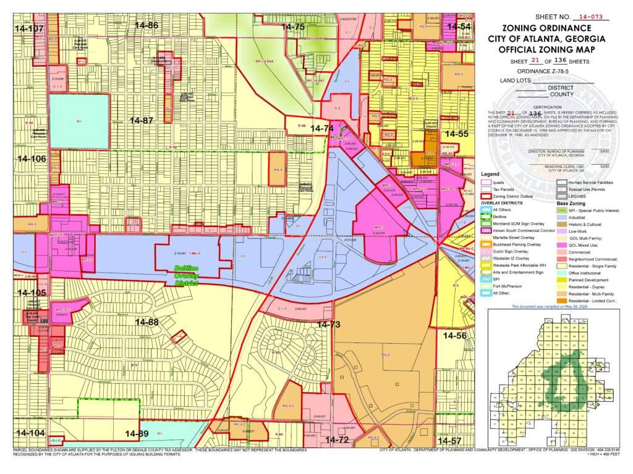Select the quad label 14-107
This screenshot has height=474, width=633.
[30, 28]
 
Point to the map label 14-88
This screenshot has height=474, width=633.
[147, 322]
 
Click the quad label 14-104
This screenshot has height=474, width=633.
[30, 433]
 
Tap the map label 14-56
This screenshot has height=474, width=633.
[454, 335]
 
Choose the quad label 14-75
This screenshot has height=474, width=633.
[293, 27]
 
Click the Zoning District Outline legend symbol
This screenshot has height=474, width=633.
[486, 196]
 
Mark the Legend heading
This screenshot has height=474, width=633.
[490, 174]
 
